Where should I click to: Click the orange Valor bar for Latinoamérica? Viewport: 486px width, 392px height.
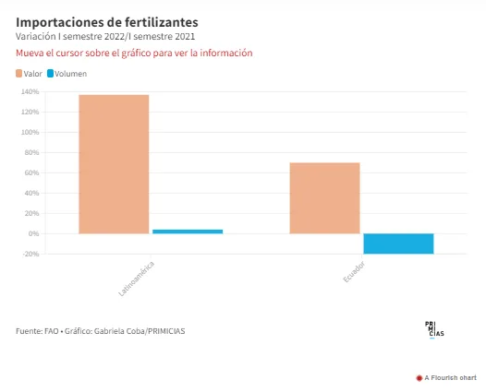[114, 164]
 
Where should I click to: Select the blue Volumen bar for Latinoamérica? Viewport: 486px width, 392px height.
[188, 232]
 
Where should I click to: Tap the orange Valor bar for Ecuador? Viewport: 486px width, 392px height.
[324, 198]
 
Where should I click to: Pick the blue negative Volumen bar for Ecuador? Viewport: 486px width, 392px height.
[398, 244]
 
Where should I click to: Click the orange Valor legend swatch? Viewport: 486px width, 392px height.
[18, 74]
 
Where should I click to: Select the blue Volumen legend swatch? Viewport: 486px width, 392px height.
[50, 74]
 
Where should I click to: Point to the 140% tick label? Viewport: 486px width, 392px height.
[30, 91]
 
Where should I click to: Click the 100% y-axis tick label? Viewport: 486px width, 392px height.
[30, 132]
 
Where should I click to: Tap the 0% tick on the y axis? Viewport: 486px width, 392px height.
[34, 233]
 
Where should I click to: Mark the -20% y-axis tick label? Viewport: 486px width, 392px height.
[30, 254]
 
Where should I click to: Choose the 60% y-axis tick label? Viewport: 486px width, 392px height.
[32, 172]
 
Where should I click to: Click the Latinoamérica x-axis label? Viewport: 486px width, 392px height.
[137, 279]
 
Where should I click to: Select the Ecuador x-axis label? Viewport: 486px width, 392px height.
[354, 272]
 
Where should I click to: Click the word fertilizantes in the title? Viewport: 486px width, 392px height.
[162, 22]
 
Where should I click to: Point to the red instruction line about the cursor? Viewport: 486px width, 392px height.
[134, 53]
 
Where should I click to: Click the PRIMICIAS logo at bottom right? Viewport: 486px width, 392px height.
[434, 330]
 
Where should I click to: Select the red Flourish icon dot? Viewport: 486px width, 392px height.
[419, 378]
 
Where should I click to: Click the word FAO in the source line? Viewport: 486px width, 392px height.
[52, 331]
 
